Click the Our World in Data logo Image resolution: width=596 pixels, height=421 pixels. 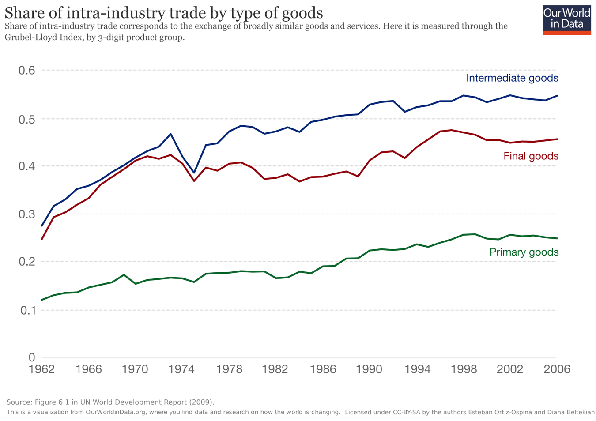(x=566, y=20)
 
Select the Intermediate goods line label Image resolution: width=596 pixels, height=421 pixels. (x=512, y=78)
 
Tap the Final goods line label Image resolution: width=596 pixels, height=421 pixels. (x=531, y=156)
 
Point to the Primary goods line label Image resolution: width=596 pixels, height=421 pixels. (x=524, y=252)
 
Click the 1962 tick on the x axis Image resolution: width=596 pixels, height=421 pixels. (x=42, y=369)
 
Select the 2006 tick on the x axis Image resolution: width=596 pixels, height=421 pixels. (x=556, y=369)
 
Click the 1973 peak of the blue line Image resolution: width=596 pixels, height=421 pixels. (x=171, y=134)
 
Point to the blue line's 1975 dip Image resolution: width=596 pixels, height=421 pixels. (x=194, y=173)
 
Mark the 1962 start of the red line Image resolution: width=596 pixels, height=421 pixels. (x=42, y=239)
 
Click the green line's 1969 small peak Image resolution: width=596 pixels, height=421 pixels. (x=124, y=274)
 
